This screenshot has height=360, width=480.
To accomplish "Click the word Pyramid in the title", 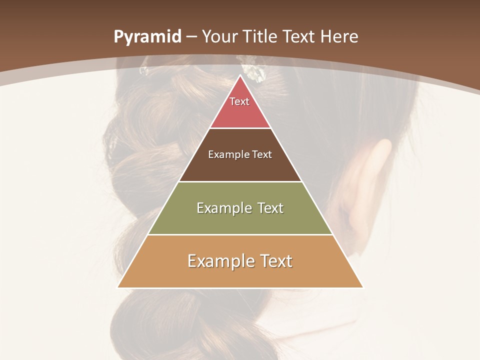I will [x=147, y=37].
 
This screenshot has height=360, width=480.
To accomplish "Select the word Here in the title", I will [x=339, y=37].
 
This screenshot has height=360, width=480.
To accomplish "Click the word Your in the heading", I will [x=220, y=37].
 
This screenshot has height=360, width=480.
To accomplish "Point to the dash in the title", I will [x=191, y=37].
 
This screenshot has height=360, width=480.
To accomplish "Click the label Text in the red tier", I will [x=239, y=101].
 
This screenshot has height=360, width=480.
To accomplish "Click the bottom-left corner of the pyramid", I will [x=118, y=287].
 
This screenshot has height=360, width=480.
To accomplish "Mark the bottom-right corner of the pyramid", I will [x=362, y=287].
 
